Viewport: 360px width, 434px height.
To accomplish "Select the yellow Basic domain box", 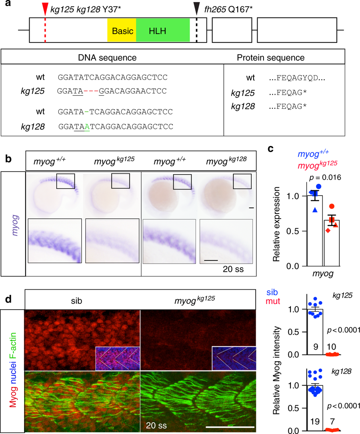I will pos(122,30).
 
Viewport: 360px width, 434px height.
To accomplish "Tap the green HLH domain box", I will pos(163,30).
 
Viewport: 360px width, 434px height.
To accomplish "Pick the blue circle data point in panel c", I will pos(318,186).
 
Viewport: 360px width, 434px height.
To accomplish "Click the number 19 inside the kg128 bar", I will pos(314,420).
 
